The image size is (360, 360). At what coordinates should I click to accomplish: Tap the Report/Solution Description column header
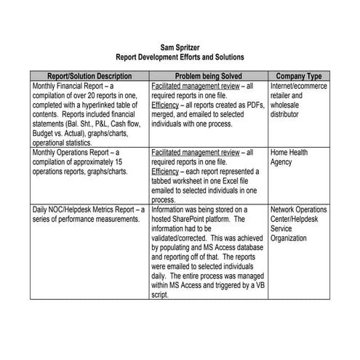pyautogui.click(x=89, y=76)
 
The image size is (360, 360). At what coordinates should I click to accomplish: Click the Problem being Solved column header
pyautogui.click(x=208, y=76)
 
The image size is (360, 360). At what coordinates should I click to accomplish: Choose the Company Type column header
pyautogui.click(x=299, y=76)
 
